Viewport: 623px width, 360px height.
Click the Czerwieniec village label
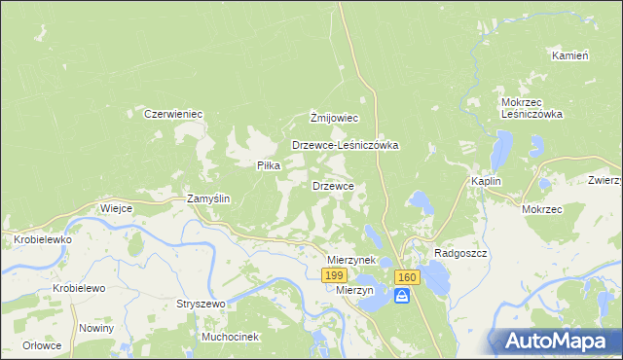pos(173,114)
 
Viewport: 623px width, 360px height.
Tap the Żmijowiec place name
pos(335,119)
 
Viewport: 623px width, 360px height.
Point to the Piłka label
pos(269,165)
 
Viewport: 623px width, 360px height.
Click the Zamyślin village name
pos(208,198)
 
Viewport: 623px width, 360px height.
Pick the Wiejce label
pos(116,208)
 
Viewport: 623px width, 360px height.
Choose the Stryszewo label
pos(201,304)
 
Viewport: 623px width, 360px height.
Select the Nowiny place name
pos(97,328)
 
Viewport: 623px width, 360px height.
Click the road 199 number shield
pos(333,277)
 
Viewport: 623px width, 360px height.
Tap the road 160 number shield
pos(407,278)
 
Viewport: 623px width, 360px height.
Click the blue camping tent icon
pos(401,297)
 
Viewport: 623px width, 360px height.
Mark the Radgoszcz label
pos(460,252)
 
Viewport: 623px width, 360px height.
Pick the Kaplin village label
pos(486,182)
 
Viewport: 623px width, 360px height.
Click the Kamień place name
pos(570,55)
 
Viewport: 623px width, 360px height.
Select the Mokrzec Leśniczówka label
pos(532,108)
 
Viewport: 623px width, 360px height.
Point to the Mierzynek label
pos(351,261)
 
